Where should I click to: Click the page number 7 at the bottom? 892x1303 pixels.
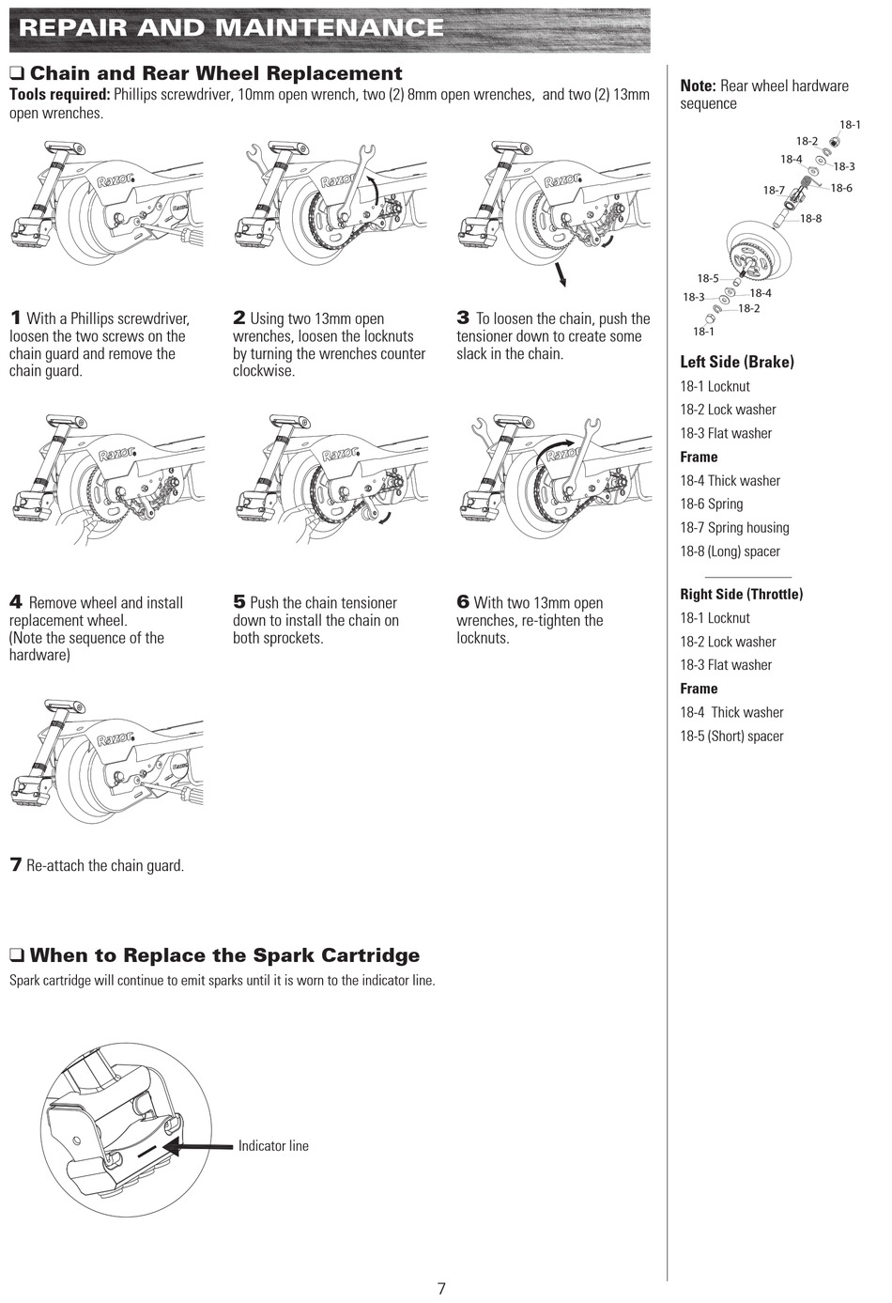click(441, 1288)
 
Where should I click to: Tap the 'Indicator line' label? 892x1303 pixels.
click(273, 1146)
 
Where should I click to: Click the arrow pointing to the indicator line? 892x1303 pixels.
click(197, 1146)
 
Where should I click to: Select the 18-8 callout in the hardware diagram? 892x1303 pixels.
click(810, 219)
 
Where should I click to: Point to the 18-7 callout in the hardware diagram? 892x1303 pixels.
click(774, 190)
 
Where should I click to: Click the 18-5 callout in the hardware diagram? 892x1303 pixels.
click(708, 279)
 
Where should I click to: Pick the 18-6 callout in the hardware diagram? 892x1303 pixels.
click(841, 188)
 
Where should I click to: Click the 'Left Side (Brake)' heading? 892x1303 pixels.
click(737, 362)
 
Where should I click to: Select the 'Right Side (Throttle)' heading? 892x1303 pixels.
click(742, 594)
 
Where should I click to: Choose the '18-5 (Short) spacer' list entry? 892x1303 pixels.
click(731, 736)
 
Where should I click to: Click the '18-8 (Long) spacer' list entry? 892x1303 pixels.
click(730, 551)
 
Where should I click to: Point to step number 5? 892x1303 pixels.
click(239, 601)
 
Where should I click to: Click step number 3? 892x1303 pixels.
click(462, 318)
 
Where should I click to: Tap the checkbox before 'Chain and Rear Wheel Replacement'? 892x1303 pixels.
click(16, 74)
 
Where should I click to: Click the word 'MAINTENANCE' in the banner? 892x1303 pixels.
click(330, 27)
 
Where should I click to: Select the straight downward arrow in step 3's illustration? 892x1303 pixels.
click(560, 274)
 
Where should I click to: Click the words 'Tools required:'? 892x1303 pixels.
click(59, 95)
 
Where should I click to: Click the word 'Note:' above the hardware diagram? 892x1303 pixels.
click(698, 86)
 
